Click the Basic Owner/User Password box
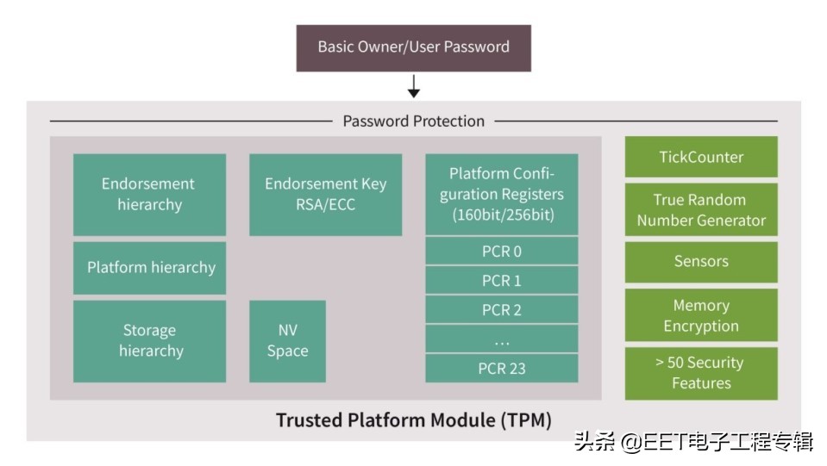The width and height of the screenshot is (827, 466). [413, 47]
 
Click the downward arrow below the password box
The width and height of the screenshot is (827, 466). [413, 86]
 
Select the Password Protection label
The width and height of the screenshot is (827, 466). [413, 121]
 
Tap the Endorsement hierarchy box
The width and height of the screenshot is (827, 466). [149, 195]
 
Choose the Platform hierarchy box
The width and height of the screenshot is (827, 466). [149, 268]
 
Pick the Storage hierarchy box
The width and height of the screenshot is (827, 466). [149, 341]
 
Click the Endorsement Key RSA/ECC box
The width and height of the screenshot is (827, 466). [325, 195]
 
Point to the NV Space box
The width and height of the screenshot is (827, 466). [287, 341]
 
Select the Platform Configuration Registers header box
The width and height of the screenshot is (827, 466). [501, 195]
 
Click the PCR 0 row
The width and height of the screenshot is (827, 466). [501, 252]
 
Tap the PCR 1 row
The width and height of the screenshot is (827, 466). [501, 281]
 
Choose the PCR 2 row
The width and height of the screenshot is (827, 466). [501, 310]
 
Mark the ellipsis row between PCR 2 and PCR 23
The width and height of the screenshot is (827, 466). [501, 339]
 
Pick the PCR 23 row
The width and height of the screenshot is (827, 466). [501, 369]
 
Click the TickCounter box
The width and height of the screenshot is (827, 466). [700, 157]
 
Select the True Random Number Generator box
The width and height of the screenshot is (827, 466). [700, 210]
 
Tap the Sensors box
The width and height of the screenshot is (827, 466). [700, 262]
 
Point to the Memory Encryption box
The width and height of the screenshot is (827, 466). [700, 315]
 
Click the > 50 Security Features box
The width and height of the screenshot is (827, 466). [700, 373]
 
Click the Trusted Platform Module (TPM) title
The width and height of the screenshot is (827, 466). [413, 420]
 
